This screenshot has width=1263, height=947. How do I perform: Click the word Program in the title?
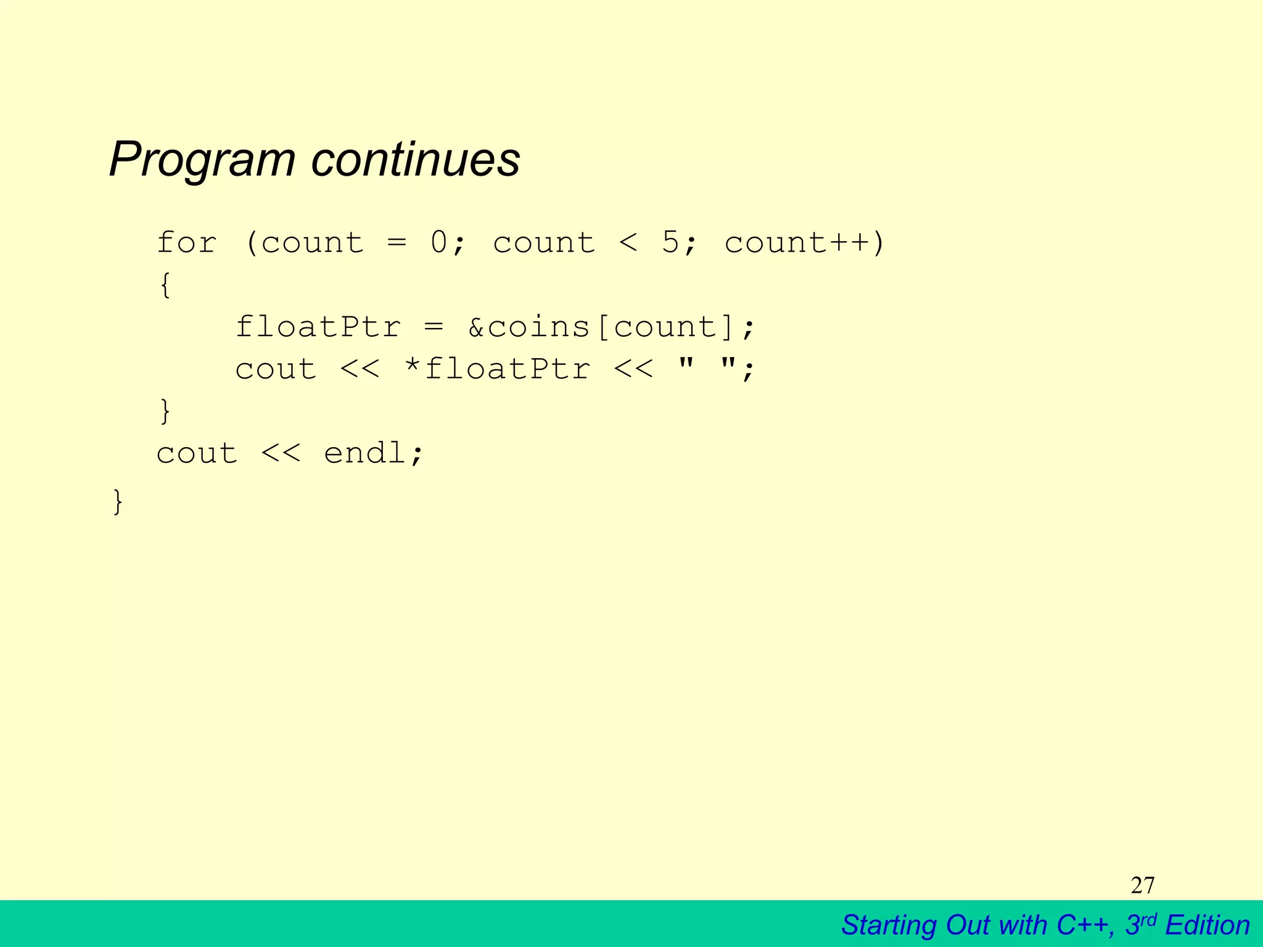[x=202, y=160]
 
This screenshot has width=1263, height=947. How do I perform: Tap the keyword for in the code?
[x=186, y=242]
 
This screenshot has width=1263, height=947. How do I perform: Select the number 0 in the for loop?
[x=439, y=242]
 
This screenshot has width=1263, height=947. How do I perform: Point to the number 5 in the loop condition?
[x=670, y=242]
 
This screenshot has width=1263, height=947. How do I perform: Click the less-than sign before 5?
[x=628, y=242]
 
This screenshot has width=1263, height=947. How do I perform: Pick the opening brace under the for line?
[x=165, y=285]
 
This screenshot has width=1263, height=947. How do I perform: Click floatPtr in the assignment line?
[x=318, y=327]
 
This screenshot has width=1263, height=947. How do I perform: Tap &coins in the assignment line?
[x=529, y=327]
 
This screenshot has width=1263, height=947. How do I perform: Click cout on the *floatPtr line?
[x=276, y=369]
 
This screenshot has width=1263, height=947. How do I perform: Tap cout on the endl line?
[x=197, y=453]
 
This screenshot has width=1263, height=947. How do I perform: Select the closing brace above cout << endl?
[x=165, y=411]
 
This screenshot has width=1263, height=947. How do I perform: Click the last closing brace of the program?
[x=118, y=501]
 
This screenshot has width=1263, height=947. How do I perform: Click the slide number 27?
[x=1143, y=885]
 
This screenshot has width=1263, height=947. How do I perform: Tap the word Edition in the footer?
[x=1207, y=925]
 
